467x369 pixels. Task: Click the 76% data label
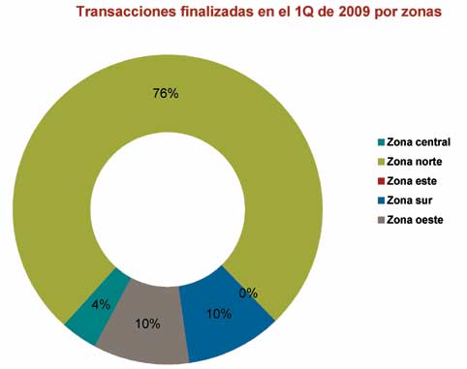coord(167,93)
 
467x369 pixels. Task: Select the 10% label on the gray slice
coord(147,323)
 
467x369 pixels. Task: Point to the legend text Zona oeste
coord(415,220)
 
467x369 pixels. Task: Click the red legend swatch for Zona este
coord(381,180)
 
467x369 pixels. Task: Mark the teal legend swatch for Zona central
coord(381,141)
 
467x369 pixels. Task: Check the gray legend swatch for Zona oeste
coord(381,220)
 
